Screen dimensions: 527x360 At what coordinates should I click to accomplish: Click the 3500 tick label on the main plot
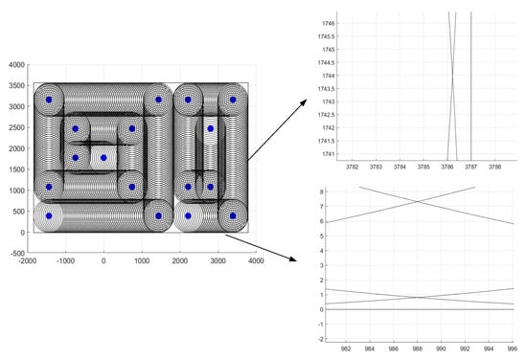pos(17,85)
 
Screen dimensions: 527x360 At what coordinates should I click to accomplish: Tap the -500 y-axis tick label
pos(17,253)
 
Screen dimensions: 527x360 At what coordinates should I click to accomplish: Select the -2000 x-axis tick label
pos(28,261)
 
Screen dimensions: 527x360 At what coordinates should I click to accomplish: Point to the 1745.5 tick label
pos(327,36)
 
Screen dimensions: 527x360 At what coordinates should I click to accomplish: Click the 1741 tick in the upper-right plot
pos(329,154)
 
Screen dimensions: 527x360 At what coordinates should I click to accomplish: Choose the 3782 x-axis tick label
pos(352,167)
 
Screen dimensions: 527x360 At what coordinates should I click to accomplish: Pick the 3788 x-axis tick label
pos(494,167)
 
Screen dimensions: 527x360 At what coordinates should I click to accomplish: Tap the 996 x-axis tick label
pos(513,349)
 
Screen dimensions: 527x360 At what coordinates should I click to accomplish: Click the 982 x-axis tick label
pos(346,349)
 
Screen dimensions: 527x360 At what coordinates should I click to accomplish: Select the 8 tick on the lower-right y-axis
pos(322,191)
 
